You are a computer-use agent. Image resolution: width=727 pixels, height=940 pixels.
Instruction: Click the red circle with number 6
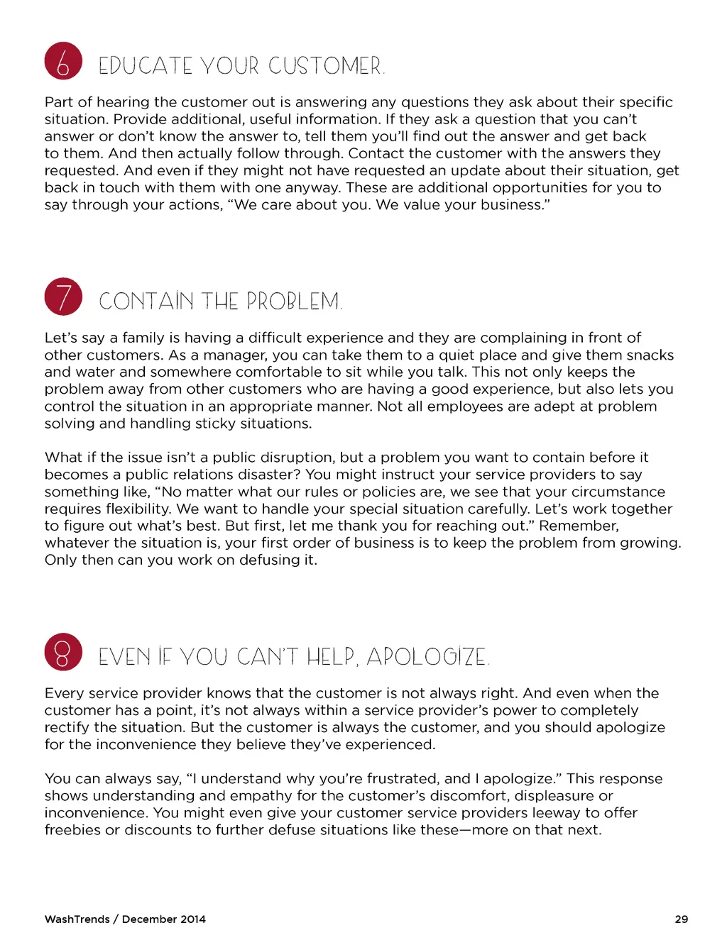coord(63,61)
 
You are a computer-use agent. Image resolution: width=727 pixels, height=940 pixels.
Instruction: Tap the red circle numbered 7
coord(63,297)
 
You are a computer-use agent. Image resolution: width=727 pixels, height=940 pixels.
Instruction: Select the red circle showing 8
coord(63,652)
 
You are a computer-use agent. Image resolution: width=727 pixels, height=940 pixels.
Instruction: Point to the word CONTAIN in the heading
coord(146,302)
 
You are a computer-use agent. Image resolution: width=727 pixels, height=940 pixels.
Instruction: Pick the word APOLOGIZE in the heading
coord(427,657)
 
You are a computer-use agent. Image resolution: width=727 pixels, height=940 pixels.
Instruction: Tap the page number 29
coord(681,919)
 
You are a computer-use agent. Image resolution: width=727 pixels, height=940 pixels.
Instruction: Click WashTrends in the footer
coord(77,919)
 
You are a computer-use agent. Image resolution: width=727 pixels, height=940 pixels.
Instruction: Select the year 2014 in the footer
coord(192,919)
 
